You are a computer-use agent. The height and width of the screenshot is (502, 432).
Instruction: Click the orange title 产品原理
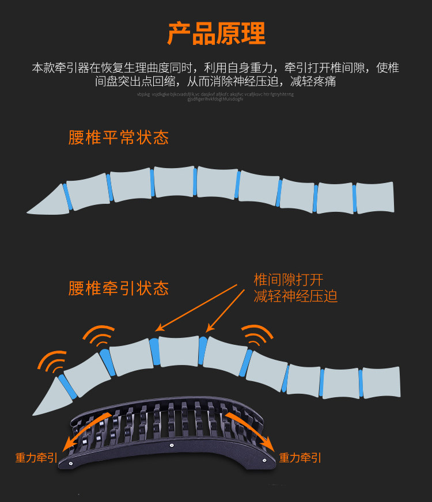(x=216, y=34)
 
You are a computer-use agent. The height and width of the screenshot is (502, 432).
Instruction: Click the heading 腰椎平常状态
(x=118, y=138)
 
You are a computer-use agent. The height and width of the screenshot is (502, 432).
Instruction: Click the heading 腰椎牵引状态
(x=118, y=288)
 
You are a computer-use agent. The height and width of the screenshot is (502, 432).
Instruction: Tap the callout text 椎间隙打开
(x=288, y=280)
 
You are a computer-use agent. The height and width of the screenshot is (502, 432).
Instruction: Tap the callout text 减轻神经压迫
(x=295, y=296)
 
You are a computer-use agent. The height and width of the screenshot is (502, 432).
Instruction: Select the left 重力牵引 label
(x=36, y=458)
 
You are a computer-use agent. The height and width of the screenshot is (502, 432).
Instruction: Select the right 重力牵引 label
(x=300, y=458)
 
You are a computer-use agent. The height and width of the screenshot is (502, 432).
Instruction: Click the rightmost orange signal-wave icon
(x=257, y=337)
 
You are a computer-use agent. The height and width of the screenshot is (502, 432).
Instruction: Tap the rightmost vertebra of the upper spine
(x=375, y=197)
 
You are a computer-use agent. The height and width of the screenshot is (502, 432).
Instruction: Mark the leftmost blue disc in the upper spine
(x=67, y=196)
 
